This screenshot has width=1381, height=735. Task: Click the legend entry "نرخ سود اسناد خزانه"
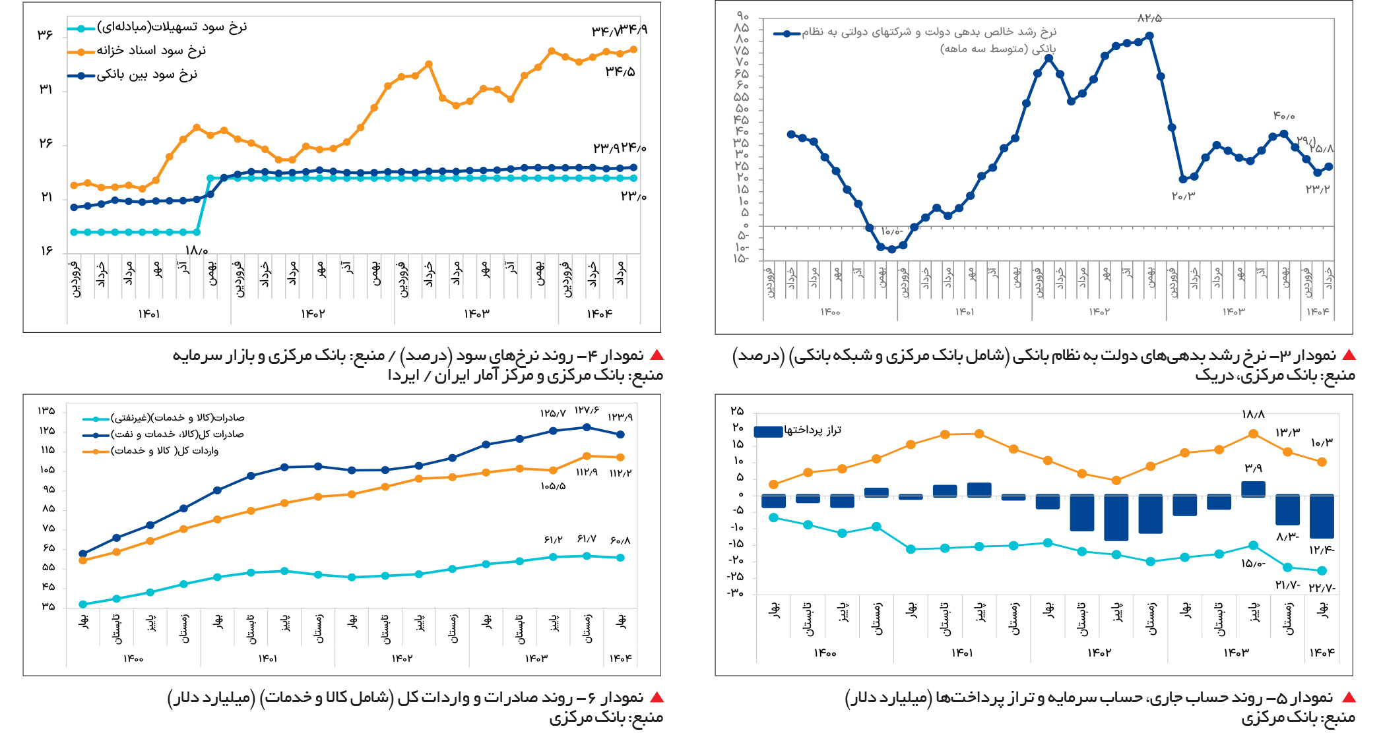[x=151, y=51]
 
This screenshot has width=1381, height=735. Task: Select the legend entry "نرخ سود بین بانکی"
[x=146, y=74]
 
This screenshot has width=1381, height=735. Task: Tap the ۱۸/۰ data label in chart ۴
[x=197, y=250]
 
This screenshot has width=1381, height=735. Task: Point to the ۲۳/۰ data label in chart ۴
[x=633, y=196]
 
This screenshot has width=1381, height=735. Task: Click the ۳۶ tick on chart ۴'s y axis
[x=45, y=34]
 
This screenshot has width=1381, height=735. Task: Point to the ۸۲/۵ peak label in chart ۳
[x=1149, y=18]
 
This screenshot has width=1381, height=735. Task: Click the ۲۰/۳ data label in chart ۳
[x=1183, y=196]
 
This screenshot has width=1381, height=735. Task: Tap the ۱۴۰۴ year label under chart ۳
[x=1318, y=311]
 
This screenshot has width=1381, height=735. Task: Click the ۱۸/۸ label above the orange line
[x=1253, y=414]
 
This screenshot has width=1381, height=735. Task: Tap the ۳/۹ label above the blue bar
[x=1253, y=468]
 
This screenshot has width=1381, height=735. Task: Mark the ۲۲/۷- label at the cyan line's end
[x=1322, y=587]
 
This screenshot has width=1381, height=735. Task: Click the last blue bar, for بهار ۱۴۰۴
[x=1322, y=516]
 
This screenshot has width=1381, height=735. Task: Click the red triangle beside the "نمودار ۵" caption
[x=1349, y=697]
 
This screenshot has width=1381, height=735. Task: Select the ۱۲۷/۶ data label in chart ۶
[x=587, y=410]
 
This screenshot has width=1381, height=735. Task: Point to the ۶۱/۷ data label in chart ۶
[x=587, y=539]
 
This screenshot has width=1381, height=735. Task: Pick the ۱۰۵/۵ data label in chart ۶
[x=553, y=486]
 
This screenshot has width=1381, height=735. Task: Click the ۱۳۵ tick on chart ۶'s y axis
[x=46, y=411]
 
